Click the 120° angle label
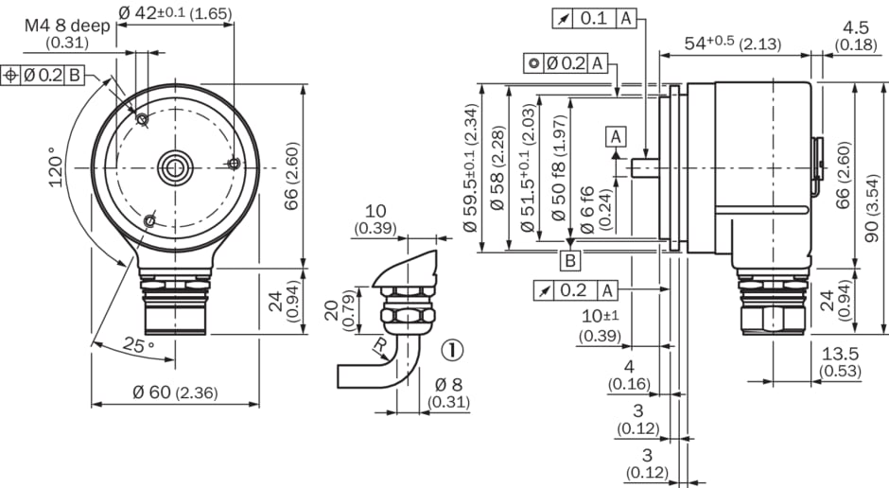tap(58, 167)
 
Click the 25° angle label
tap(136, 346)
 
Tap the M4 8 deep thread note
tap(66, 26)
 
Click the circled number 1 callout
tap(452, 350)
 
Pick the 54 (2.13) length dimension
tap(723, 43)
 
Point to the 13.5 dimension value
tap(840, 354)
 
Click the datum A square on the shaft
tap(617, 136)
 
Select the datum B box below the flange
tap(570, 261)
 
